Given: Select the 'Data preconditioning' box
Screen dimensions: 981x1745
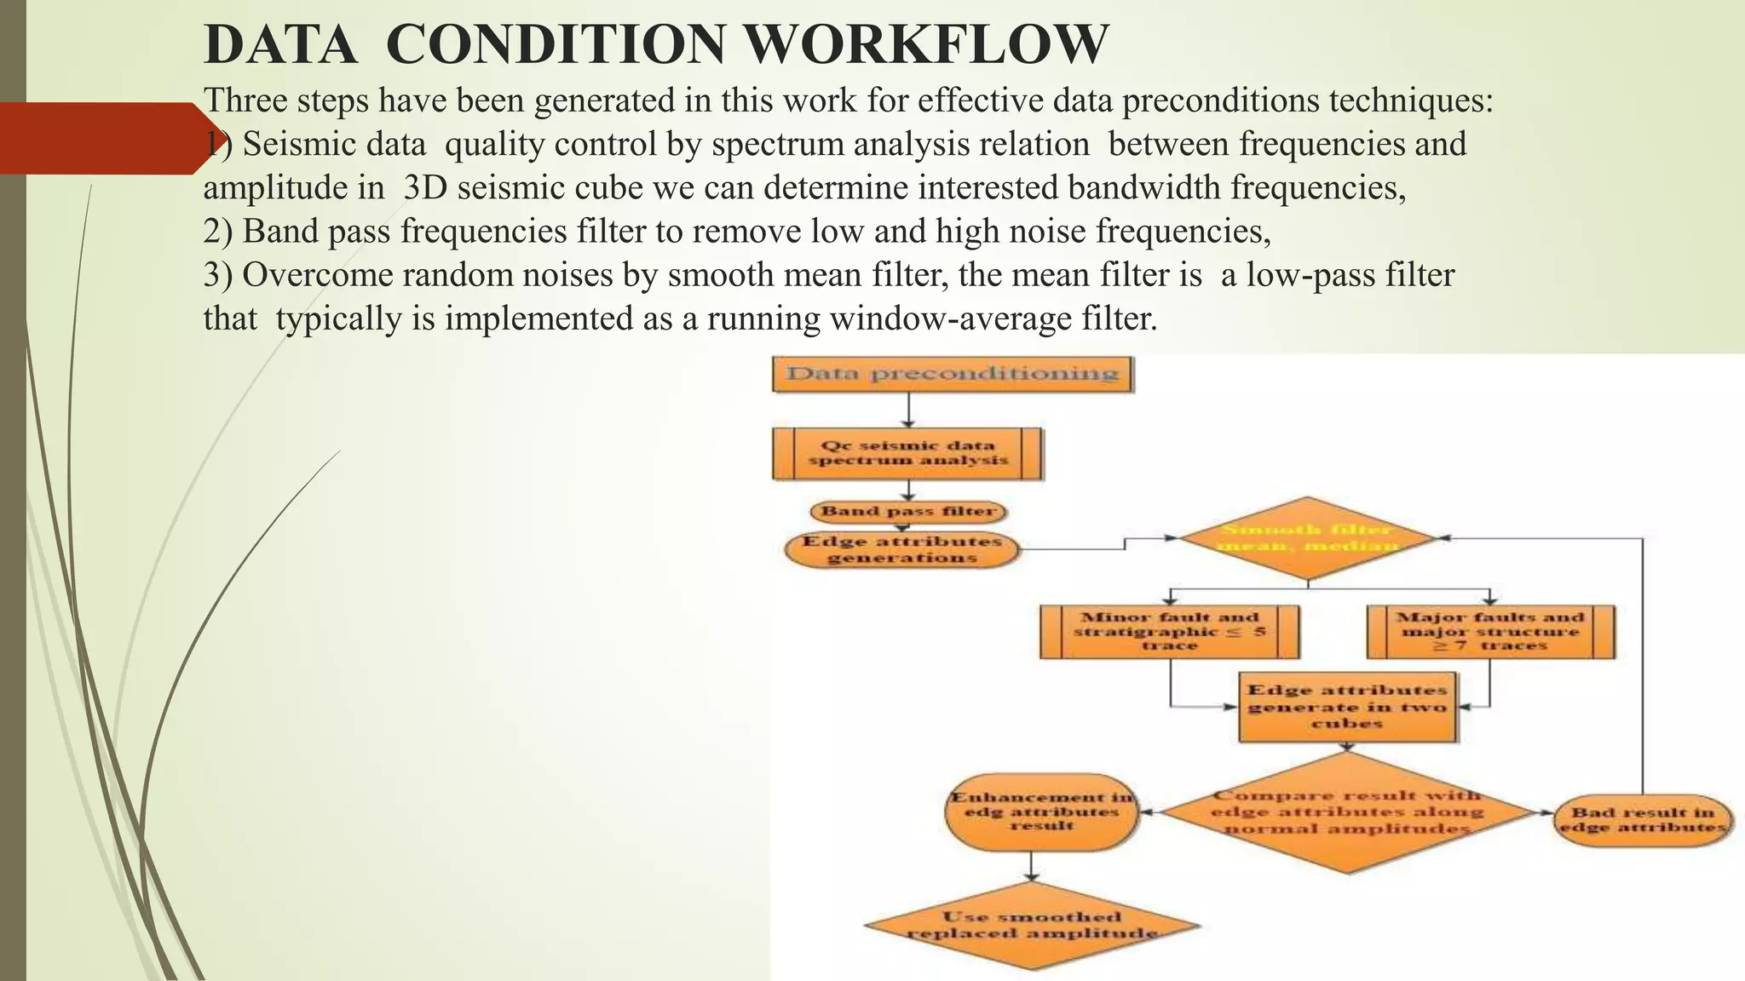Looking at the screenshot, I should tap(952, 374).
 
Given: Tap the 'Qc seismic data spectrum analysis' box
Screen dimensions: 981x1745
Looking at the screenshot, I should tap(907, 453).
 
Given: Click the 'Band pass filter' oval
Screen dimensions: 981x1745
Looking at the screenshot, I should tap(908, 512).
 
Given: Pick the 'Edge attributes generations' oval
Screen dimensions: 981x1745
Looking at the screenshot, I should tap(901, 550).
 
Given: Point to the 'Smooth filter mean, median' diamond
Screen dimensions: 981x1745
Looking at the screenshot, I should tap(1307, 538).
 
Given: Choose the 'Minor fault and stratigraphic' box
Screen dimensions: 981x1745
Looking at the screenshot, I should tap(1170, 632).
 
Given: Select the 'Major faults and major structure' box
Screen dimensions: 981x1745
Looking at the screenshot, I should tap(1490, 632).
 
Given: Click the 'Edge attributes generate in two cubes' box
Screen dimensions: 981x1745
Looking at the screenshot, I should tap(1347, 707).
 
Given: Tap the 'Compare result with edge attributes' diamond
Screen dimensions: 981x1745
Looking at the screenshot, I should tap(1347, 812).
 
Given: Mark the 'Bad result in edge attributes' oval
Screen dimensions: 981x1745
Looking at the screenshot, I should tap(1642, 820).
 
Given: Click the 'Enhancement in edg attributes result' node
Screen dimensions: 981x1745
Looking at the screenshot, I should tap(1041, 812).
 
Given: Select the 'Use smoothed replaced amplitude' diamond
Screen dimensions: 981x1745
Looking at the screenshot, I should tap(1032, 926).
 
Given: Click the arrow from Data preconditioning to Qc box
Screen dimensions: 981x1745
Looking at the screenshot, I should tap(909, 410).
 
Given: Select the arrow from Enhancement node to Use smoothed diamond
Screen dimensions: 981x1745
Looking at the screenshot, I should tap(1032, 866).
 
